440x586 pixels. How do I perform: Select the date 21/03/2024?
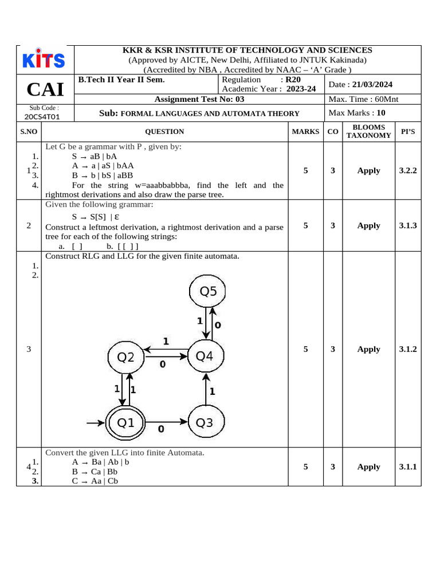(372, 84)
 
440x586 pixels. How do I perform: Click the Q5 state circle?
(208, 292)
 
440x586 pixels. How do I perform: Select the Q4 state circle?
(205, 357)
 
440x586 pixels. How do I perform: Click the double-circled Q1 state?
(125, 423)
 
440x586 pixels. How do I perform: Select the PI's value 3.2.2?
(408, 171)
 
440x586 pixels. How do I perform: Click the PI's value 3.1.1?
(408, 467)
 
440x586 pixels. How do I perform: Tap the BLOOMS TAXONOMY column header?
(369, 132)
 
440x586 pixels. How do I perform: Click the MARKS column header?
(306, 132)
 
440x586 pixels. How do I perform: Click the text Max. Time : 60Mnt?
(364, 99)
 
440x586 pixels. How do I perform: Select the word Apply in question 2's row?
(369, 225)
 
